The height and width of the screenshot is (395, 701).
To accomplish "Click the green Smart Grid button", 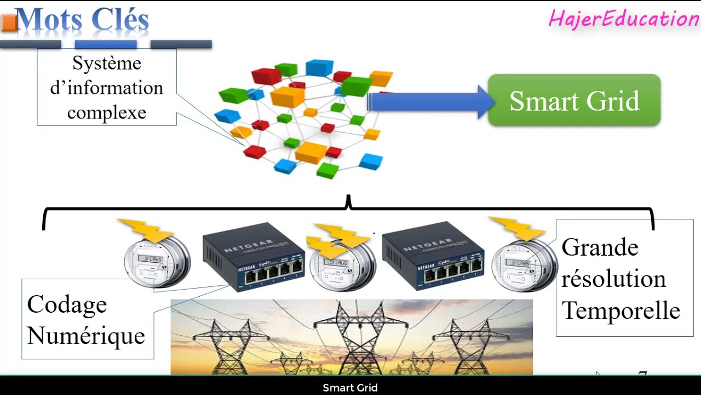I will coord(574,101).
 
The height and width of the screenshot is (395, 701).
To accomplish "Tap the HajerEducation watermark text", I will coord(623,19).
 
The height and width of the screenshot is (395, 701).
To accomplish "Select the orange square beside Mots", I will coord(9,22).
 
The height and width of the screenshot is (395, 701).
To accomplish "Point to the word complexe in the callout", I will coord(106,113).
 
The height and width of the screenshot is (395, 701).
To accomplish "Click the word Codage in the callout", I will coord(67,304).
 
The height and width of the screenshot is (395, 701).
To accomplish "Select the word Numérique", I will coord(86,335).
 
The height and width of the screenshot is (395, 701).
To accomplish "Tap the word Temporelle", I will coord(621,311).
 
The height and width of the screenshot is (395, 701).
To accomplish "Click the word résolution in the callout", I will coord(613,279).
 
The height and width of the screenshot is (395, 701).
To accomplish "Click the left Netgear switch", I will coord(254,255).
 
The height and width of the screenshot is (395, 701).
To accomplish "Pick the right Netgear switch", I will coord(433,255).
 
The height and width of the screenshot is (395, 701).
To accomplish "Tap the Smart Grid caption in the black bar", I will coord(350,388).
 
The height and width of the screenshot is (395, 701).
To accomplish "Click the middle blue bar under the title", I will coord(106,44).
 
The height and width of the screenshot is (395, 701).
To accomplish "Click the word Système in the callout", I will coord(107,64).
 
